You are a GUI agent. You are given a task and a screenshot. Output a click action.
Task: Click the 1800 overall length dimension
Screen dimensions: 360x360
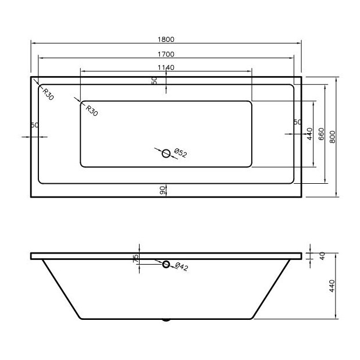(x=166, y=40)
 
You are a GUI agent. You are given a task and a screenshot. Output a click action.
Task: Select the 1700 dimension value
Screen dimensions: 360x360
(x=166, y=54)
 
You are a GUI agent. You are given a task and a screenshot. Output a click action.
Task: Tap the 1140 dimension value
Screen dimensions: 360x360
(x=166, y=67)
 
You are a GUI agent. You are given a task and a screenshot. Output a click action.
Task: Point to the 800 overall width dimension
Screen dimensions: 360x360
(x=332, y=136)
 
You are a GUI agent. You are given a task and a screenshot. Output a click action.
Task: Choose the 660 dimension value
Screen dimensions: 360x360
(x=320, y=134)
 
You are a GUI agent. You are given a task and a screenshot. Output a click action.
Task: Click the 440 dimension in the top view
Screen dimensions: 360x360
(x=310, y=133)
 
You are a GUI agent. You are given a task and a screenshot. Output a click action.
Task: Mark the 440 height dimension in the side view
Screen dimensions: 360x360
(x=332, y=286)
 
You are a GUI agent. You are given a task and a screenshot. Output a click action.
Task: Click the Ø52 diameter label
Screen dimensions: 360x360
(x=180, y=154)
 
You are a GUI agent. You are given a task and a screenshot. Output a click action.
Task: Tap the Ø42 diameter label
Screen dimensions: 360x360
(x=180, y=267)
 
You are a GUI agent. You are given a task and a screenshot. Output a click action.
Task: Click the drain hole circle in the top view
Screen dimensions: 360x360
(x=166, y=153)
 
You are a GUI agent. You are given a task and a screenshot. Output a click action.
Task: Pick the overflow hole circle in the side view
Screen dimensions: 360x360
(x=166, y=265)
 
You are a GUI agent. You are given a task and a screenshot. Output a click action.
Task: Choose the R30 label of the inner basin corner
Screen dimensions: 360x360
(x=91, y=109)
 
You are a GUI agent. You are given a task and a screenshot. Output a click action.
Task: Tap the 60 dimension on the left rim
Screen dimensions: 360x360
(x=34, y=125)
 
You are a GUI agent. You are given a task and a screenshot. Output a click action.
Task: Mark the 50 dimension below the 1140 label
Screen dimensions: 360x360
(x=155, y=80)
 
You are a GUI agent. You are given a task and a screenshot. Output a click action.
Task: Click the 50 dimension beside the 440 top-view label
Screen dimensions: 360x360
(x=297, y=122)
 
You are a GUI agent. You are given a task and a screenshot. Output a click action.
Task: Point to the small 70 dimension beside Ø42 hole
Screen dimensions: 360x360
(x=136, y=258)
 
